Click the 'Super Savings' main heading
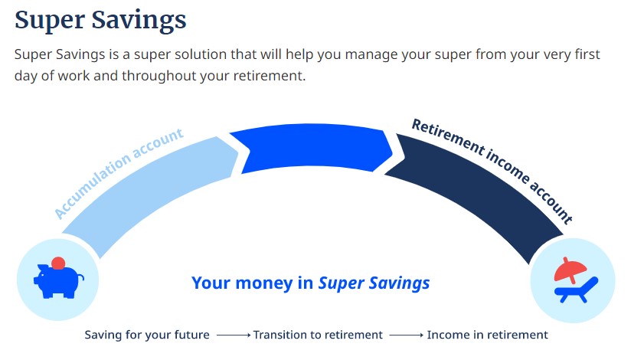tap(100, 21)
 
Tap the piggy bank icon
tap(59, 280)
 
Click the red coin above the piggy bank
tap(58, 263)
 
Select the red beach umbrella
tap(570, 269)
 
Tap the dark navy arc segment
tap(475, 189)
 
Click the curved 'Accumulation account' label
tap(119, 173)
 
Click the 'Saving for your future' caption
tap(147, 335)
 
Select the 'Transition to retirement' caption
tap(318, 335)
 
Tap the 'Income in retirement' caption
tap(487, 335)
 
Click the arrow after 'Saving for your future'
tap(234, 335)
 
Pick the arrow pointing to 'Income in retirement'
tap(407, 335)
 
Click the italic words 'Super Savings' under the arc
tap(374, 283)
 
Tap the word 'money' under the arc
tap(264, 283)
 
